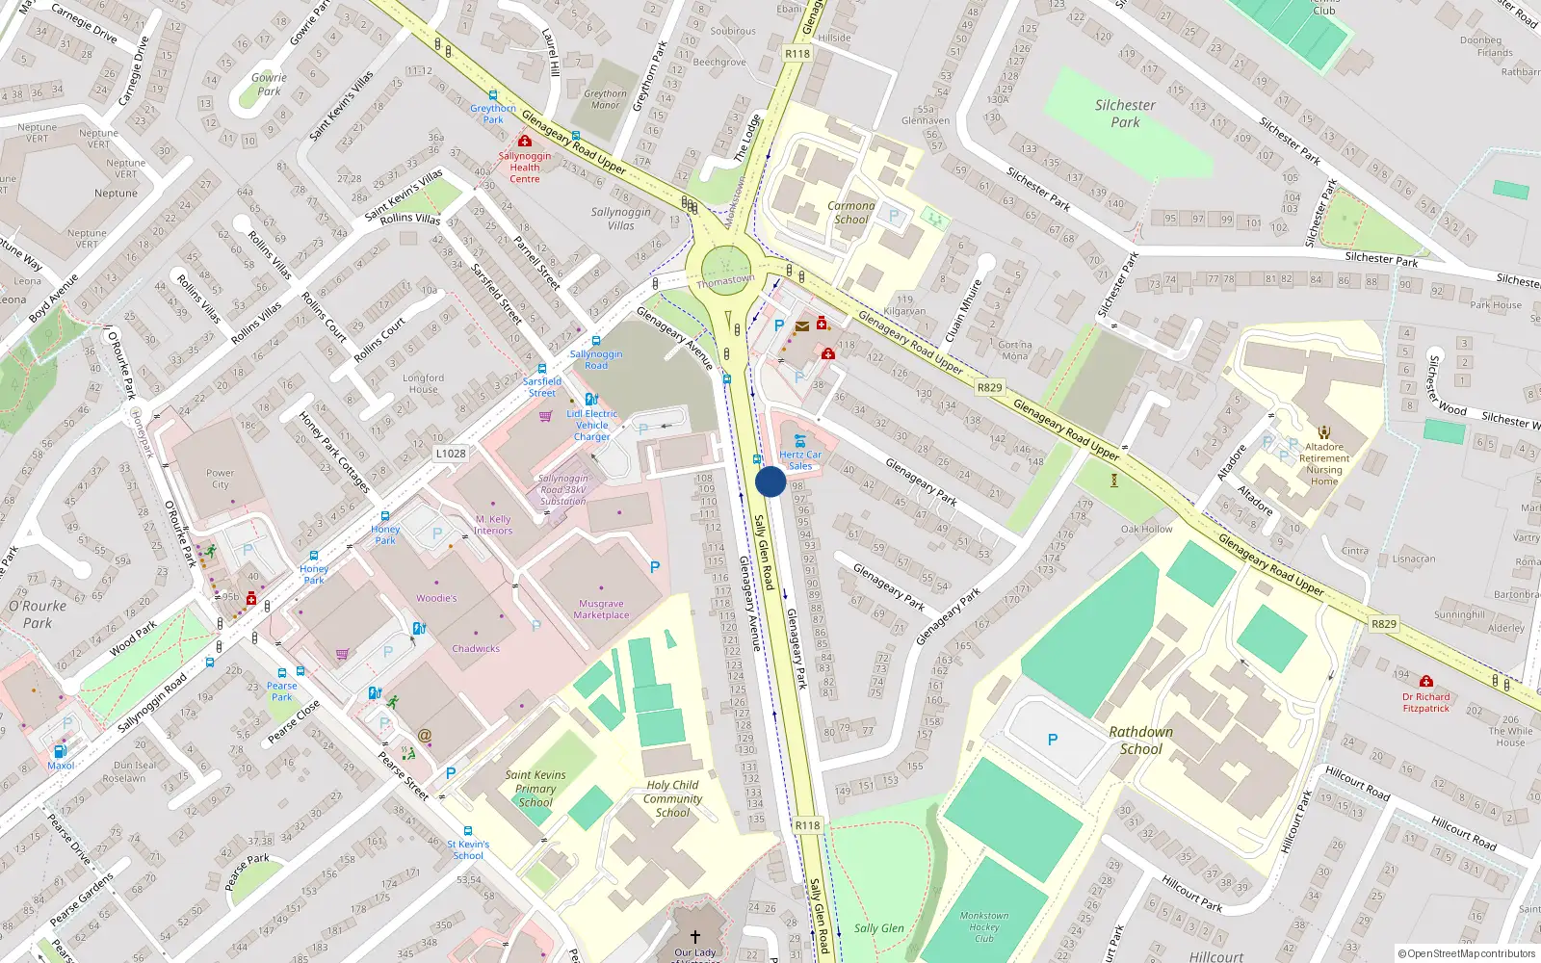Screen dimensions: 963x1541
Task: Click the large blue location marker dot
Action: pos(770,481)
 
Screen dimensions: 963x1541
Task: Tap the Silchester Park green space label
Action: pos(1125,114)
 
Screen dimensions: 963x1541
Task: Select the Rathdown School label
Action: pos(1141,740)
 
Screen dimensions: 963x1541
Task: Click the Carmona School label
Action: pos(851,213)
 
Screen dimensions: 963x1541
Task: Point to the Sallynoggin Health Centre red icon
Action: pos(525,141)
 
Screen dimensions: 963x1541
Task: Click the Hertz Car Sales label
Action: pos(800,460)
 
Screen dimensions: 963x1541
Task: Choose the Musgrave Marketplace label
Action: pos(601,610)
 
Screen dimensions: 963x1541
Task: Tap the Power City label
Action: pos(220,479)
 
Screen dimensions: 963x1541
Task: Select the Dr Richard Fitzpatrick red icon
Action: pos(1426,681)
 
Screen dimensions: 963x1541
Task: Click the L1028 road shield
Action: pos(450,454)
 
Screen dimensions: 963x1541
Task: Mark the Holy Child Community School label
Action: pos(672,798)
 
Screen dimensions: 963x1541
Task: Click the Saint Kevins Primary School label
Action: pos(535,788)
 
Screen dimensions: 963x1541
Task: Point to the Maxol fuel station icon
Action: pos(60,751)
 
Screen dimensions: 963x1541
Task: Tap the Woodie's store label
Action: pos(436,598)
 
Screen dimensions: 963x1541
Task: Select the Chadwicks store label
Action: pos(476,649)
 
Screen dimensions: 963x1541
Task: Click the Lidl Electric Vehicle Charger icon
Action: pos(591,399)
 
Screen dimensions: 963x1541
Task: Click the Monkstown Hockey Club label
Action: pos(984,927)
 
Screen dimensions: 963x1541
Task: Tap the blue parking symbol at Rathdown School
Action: pos(1053,740)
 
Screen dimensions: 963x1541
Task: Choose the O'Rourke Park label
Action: pos(38,614)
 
